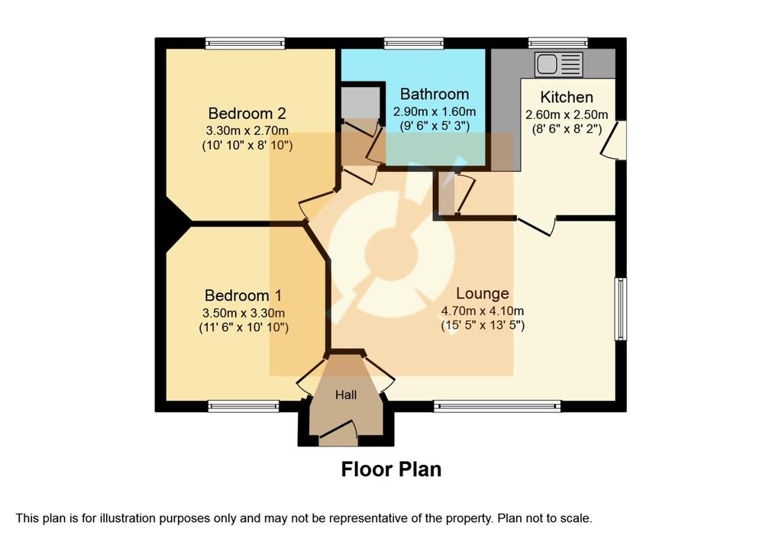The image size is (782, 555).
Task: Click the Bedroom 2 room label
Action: pyautogui.click(x=247, y=114)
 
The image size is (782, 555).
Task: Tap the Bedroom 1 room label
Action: pyautogui.click(x=244, y=295)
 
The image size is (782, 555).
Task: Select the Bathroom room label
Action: pyautogui.click(x=435, y=94)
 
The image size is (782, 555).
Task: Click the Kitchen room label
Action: pyautogui.click(x=567, y=97)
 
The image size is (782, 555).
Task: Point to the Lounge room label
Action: pyautogui.click(x=483, y=293)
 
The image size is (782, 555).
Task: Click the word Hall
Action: pyautogui.click(x=346, y=395)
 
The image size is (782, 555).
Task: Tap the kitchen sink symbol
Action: pyautogui.click(x=558, y=64)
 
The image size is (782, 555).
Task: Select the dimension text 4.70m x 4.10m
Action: pyautogui.click(x=483, y=311)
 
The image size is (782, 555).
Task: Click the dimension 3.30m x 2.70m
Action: pyautogui.click(x=247, y=131)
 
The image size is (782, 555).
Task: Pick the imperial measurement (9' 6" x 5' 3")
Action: pyautogui.click(x=435, y=126)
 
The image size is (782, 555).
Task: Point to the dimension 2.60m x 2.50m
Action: pyautogui.click(x=567, y=115)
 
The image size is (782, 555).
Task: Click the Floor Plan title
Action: pyautogui.click(x=391, y=469)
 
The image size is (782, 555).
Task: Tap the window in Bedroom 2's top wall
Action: pyautogui.click(x=245, y=44)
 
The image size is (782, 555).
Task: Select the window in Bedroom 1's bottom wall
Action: pyautogui.click(x=244, y=406)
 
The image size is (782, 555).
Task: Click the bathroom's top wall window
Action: pyautogui.click(x=413, y=44)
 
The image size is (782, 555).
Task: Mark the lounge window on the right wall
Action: pyautogui.click(x=620, y=309)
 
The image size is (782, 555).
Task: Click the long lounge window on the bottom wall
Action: pyautogui.click(x=497, y=406)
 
